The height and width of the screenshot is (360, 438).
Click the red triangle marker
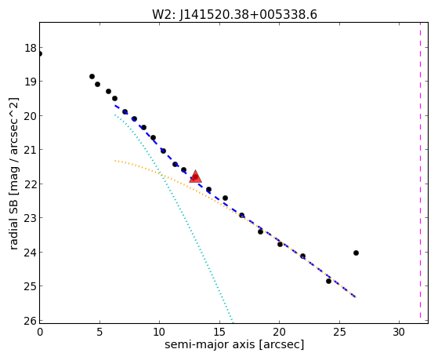(195, 176)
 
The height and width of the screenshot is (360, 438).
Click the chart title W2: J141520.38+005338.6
(234, 14)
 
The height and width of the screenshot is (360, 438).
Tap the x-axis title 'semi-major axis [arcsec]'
(234, 344)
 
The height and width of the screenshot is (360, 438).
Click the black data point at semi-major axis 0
(40, 53)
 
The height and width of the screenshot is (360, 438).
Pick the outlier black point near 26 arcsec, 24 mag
(356, 253)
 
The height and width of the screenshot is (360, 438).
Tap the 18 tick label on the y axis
(31, 48)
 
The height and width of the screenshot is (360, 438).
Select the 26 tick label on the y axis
(31, 321)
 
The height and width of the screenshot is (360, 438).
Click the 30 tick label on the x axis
(399, 332)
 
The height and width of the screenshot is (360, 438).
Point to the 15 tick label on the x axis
(219, 332)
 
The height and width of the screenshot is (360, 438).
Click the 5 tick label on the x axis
(100, 332)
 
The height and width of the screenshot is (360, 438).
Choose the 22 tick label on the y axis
(31, 184)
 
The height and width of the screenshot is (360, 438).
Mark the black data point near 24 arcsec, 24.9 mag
(328, 281)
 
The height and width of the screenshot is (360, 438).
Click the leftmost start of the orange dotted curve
(115, 161)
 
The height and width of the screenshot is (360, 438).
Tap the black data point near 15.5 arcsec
(225, 198)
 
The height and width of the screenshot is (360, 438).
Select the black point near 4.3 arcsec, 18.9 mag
(92, 76)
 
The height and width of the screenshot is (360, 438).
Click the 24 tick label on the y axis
(31, 253)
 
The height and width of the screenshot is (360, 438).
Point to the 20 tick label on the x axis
(279, 332)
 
